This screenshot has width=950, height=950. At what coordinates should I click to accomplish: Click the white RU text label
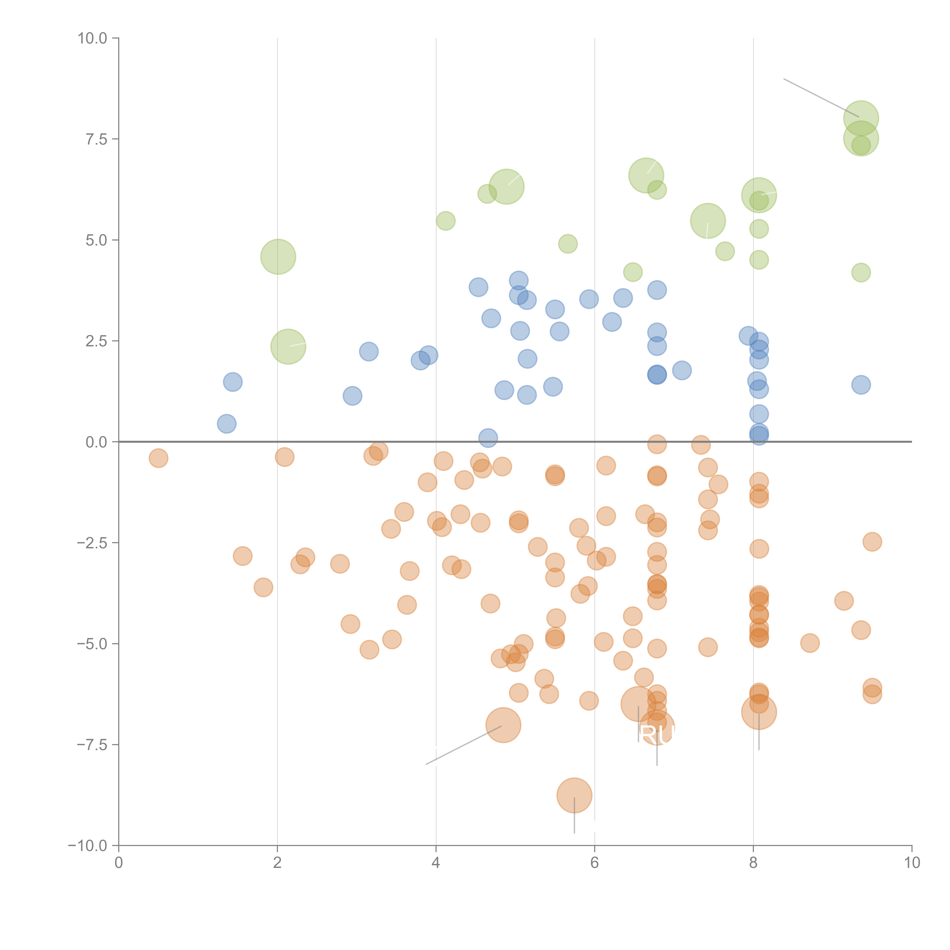(657, 736)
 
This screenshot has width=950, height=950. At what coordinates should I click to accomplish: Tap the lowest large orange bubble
(574, 796)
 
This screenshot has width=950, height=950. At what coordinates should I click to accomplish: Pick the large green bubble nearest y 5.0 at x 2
(278, 257)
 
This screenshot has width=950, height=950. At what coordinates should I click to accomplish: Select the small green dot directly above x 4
(446, 221)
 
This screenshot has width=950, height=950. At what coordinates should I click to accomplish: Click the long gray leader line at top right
(821, 98)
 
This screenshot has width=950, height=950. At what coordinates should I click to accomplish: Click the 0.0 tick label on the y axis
(96, 442)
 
